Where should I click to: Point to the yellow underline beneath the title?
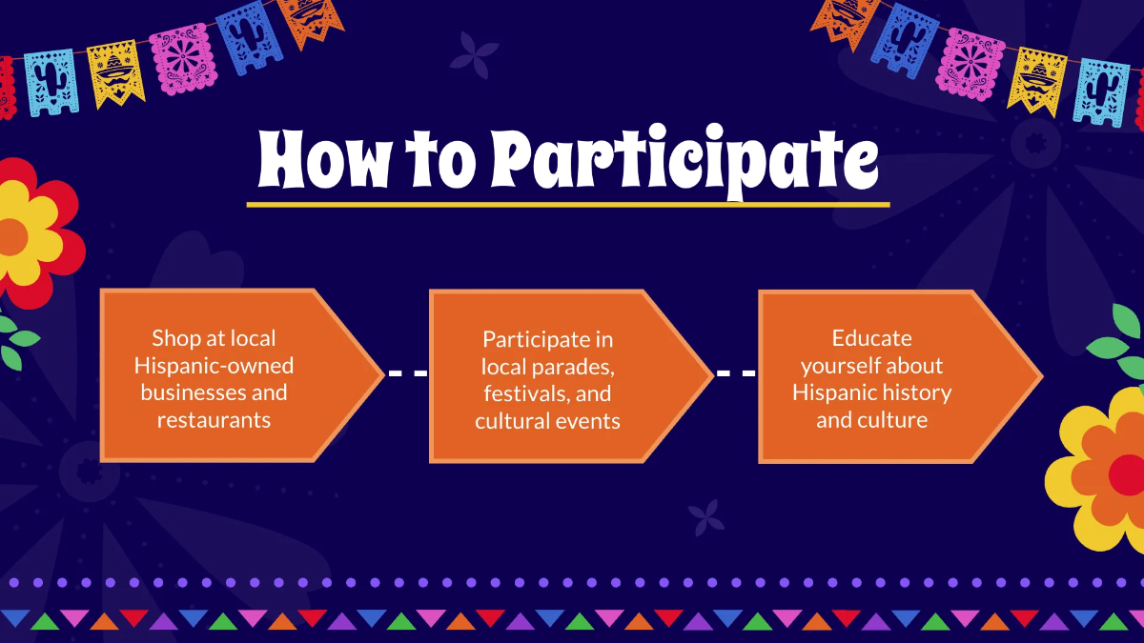[x=567, y=203]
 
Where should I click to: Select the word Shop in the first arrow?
[x=176, y=338]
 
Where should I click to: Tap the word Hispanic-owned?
[x=214, y=365]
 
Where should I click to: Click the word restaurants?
[x=214, y=419]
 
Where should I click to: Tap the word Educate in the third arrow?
[x=871, y=338]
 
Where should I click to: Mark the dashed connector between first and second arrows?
[x=407, y=373]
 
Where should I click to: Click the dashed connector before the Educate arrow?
[x=736, y=373]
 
